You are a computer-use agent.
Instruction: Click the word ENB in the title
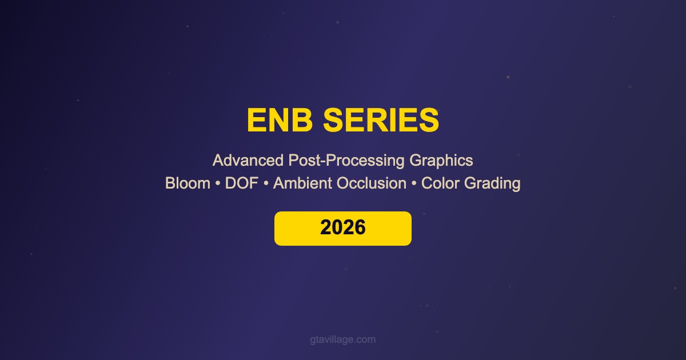tap(280, 120)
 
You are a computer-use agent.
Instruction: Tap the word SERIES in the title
tap(381, 120)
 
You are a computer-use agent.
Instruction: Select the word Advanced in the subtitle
tap(248, 160)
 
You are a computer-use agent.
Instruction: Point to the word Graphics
tap(441, 161)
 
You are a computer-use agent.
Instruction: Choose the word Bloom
tap(188, 183)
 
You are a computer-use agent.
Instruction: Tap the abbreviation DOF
tap(242, 183)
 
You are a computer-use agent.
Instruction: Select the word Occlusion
tap(372, 183)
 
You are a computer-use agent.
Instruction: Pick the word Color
tap(440, 183)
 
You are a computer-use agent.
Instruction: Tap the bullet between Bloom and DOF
tap(218, 183)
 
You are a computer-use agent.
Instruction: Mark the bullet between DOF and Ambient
tap(266, 183)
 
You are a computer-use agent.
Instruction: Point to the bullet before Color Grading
tap(414, 183)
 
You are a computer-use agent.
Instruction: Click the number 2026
tap(342, 227)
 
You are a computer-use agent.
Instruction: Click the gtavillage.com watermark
tap(342, 340)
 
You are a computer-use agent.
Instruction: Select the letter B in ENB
tap(302, 120)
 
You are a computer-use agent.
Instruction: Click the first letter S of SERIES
tap(334, 120)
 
